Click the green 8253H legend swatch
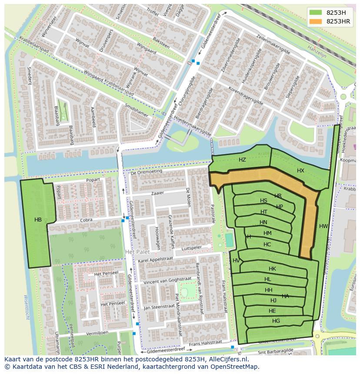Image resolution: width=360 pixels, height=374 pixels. pos(316,13)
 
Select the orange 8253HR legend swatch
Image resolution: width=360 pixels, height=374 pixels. pos(316,21)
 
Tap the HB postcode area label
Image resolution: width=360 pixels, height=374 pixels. pos(38,220)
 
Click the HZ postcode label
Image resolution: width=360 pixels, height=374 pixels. pos(242,160)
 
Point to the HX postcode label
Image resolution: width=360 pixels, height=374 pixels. pos(300,171)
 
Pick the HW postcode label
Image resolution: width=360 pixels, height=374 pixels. pos(323,226)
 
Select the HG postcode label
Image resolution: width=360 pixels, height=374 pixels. pos(276,321)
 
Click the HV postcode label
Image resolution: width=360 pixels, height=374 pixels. pos(236,261)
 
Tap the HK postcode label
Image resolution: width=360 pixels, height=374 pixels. pos(272,269)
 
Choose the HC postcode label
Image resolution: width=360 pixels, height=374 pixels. pos(267,245)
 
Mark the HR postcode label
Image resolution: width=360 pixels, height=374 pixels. pos(278,196)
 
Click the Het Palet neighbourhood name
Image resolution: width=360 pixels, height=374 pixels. pos(137,252)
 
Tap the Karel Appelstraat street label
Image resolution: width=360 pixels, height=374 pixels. pos(156,260)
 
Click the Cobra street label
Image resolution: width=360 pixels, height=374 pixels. pos(86,220)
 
